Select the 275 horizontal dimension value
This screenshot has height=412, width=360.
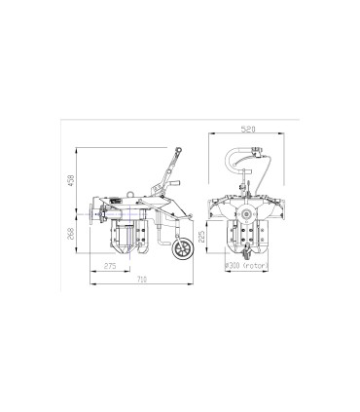coord(110,266)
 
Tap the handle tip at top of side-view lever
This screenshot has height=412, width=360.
coord(178,148)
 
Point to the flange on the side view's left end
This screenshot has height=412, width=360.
coord(91,211)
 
